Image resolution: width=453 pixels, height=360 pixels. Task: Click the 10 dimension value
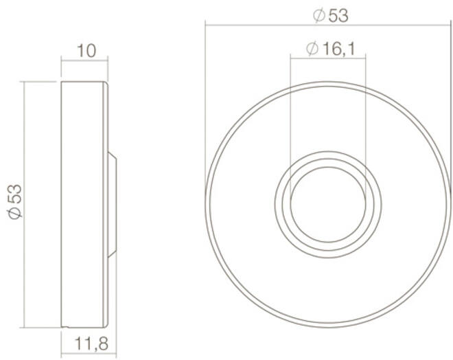[86, 51]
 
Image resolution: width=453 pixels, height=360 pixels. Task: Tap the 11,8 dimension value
[91, 344]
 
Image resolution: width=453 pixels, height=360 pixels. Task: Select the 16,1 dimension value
[338, 49]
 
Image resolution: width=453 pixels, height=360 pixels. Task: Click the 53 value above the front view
[338, 16]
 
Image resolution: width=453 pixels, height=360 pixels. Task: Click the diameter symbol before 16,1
[312, 49]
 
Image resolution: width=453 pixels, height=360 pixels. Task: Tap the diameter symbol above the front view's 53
[319, 16]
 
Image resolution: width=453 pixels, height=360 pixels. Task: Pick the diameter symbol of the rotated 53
[15, 213]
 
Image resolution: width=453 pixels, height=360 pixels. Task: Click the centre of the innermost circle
[328, 205]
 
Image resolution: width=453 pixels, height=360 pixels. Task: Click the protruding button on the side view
[112, 205]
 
